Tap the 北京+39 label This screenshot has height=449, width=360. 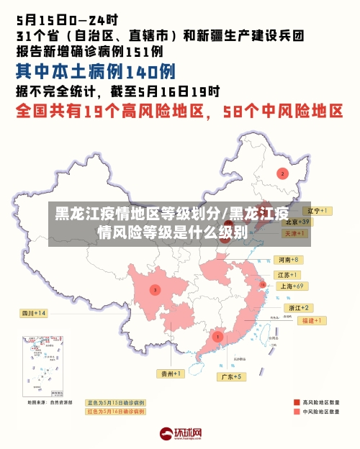click(x=296, y=222)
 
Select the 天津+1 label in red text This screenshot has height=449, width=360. click(x=294, y=234)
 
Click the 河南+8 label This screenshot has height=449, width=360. click(x=289, y=259)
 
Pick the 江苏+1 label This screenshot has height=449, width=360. click(x=289, y=275)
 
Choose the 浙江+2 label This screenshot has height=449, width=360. click(x=297, y=308)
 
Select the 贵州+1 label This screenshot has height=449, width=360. click(x=171, y=373)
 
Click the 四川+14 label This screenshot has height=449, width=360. click(x=33, y=313)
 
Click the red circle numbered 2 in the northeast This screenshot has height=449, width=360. click(x=283, y=173)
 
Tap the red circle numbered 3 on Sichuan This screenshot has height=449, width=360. click(x=155, y=289)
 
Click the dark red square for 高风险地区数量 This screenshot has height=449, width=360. click(x=297, y=402)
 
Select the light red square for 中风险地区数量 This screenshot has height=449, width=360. click(x=297, y=412)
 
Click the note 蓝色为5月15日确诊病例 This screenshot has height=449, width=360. click(x=115, y=402)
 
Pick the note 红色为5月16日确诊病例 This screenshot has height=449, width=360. click(x=115, y=412)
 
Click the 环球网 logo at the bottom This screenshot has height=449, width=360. click(x=179, y=434)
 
